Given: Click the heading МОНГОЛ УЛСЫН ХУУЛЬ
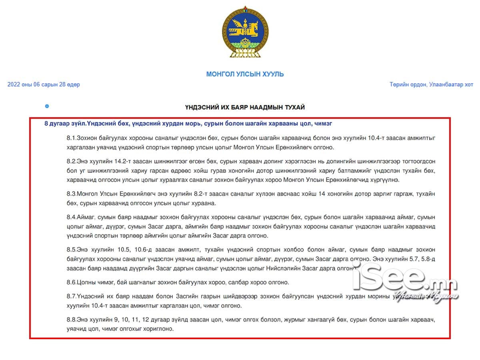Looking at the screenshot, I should (245, 74).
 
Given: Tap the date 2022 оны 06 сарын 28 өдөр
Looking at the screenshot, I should (44, 84).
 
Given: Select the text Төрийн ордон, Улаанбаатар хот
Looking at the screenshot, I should (431, 84).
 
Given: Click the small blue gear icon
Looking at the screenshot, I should (47, 106).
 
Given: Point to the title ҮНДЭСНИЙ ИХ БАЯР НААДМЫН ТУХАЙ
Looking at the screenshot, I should (245, 107).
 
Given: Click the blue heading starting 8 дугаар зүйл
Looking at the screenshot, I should (188, 124).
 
